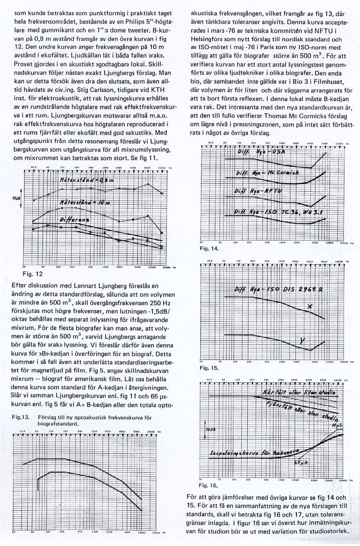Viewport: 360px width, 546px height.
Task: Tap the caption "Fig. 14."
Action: pyautogui.click(x=210, y=249)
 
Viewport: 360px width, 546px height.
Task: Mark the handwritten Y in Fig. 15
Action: pyautogui.click(x=303, y=340)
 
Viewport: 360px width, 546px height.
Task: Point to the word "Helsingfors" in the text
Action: pyautogui.click(x=208, y=40)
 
